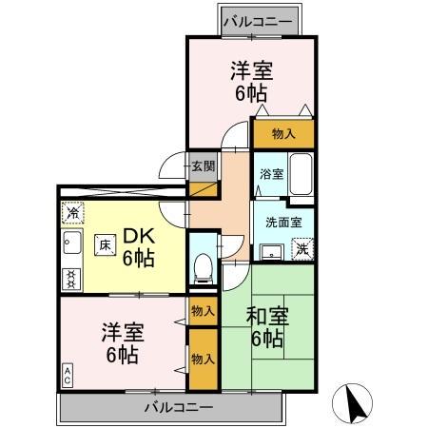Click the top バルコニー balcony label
click(260, 19)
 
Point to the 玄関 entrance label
click(203, 166)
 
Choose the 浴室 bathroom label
click(271, 174)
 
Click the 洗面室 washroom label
click(282, 223)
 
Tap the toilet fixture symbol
click(202, 267)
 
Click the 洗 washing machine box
click(301, 249)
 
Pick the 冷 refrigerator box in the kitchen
click(71, 213)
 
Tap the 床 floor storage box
click(104, 244)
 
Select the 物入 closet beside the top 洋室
click(284, 133)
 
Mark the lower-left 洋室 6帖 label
click(122, 343)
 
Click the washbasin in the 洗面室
click(271, 250)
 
